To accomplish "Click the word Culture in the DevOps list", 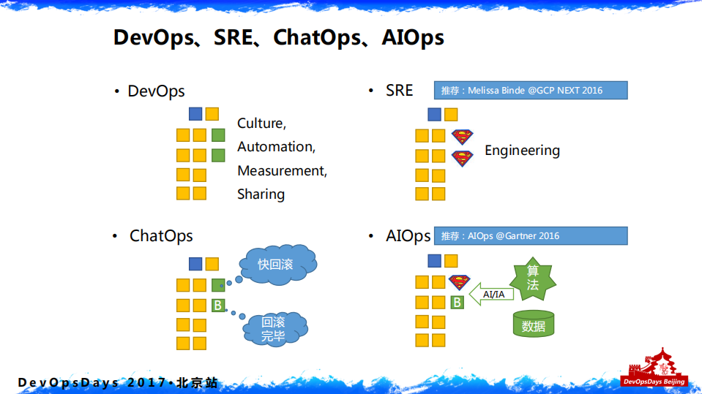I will tap(261, 124).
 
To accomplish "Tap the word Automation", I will tap(276, 147).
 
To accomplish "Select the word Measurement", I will tap(282, 171).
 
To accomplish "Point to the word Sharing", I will tap(261, 194).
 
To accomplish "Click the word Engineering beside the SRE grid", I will tap(522, 151).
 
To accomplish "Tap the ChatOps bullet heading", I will tap(161, 236).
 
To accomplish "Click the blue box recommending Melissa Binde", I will tap(531, 90).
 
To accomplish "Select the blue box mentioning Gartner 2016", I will tap(531, 235).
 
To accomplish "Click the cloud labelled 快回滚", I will tap(276, 264).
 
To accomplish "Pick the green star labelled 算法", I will tap(533, 279).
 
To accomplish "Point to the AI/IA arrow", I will tap(492, 294).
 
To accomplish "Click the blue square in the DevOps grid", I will tap(195, 113).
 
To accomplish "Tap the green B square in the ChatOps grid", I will tap(217, 306).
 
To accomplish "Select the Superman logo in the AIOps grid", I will tap(459, 282).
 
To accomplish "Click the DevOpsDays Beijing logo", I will tap(654, 368).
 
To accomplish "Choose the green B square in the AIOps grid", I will tap(456, 302).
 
